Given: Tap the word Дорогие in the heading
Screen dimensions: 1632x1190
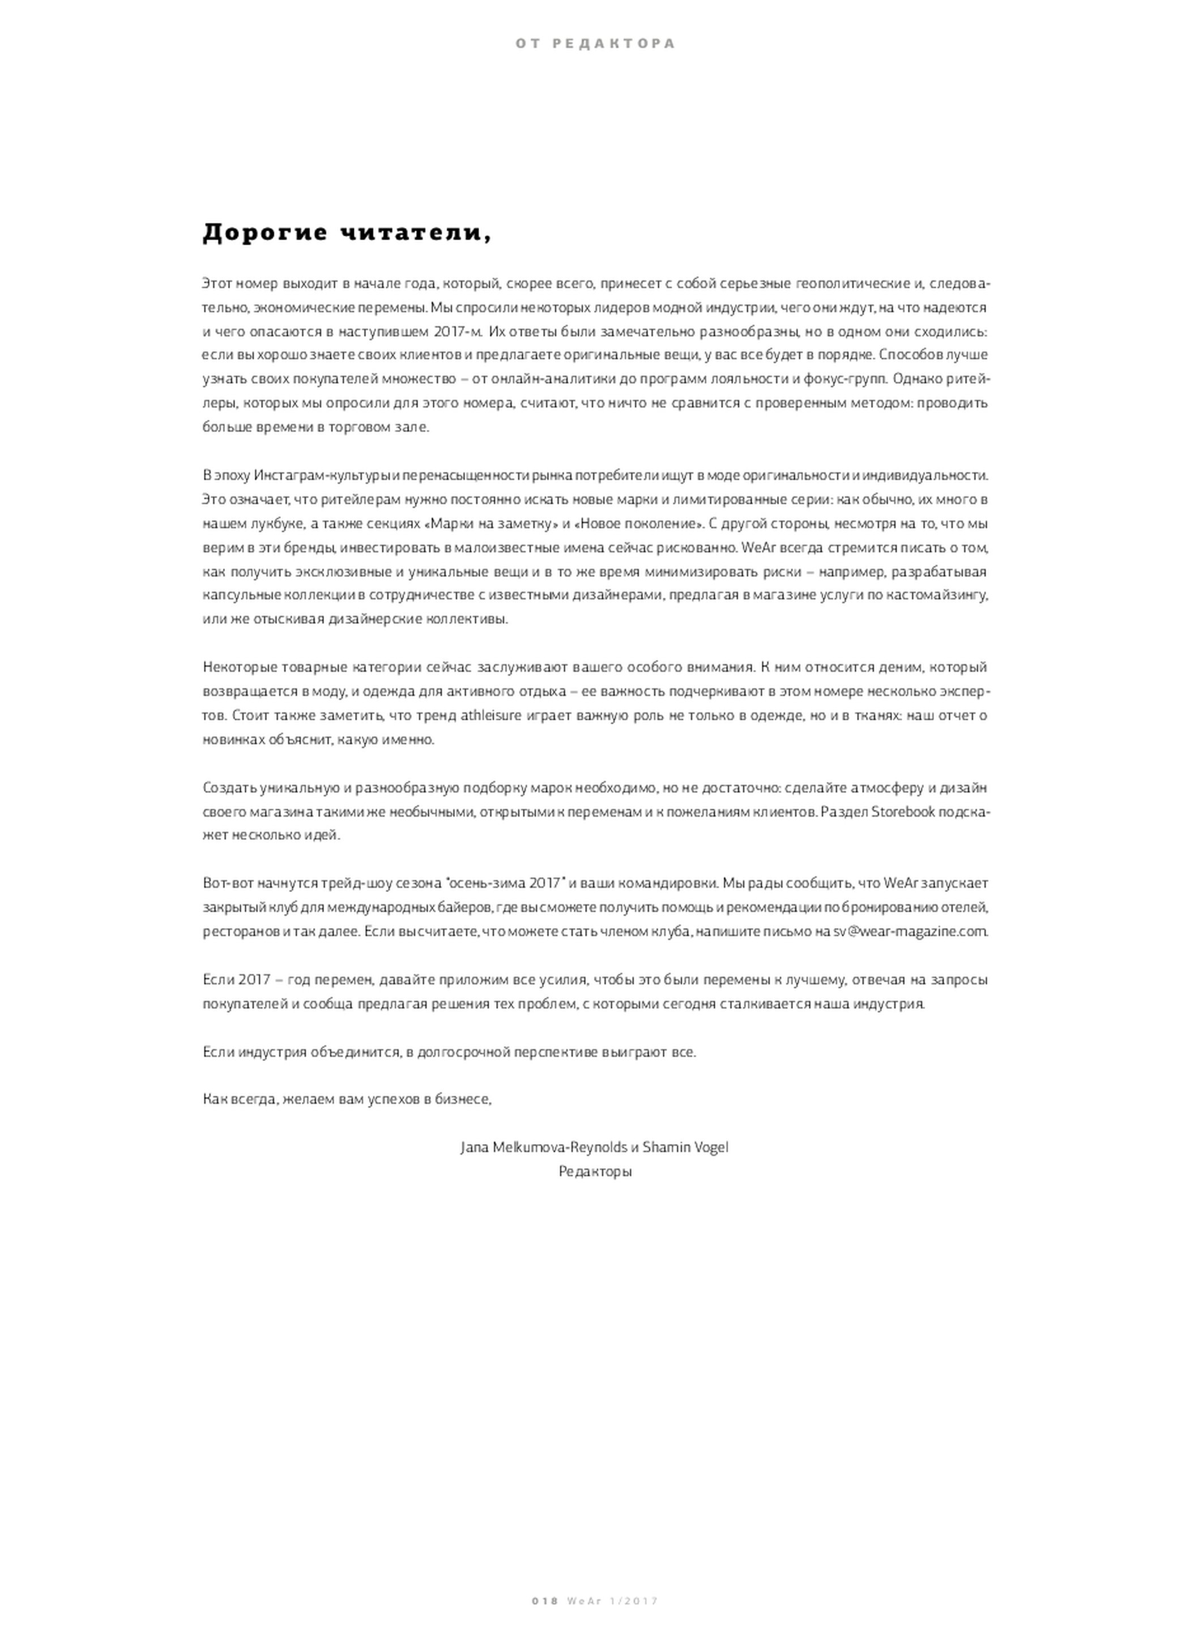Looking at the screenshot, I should pyautogui.click(x=265, y=233).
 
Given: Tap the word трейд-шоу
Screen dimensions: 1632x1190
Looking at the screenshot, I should pyautogui.click(x=356, y=883).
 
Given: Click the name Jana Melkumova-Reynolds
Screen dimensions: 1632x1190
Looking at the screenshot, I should pyautogui.click(x=544, y=1146).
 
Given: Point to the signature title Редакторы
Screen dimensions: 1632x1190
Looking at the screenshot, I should pyautogui.click(x=595, y=1171).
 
